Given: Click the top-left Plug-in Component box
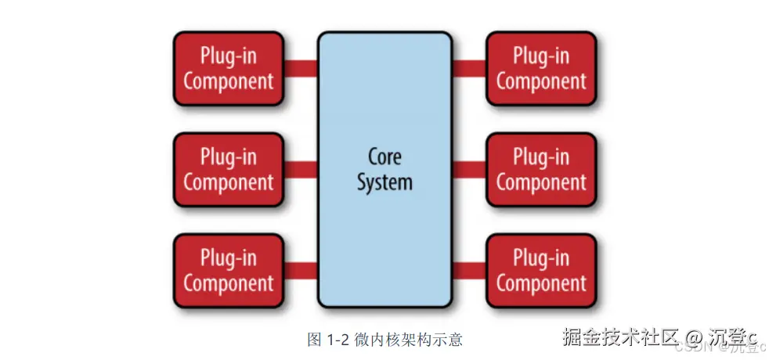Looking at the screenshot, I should pos(228,69).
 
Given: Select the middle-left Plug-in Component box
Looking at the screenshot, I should pos(228,170).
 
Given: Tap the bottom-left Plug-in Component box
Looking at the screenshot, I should pos(228,270).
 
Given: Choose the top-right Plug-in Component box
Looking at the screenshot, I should pos(541,69).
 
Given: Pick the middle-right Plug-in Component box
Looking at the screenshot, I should pos(541,170).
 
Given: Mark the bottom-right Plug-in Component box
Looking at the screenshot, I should pos(541,270).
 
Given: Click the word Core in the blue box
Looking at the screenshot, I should pos(384,157).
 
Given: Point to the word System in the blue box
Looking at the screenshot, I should pos(384,182).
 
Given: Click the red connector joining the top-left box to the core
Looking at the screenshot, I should pos(300,69).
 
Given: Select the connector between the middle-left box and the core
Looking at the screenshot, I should pos(300,170).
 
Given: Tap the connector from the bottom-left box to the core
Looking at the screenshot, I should pos(300,271).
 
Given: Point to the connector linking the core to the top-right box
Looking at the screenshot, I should pos(469,69).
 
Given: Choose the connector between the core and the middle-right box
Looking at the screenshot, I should pos(469,170).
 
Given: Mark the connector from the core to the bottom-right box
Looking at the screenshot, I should pos(469,271).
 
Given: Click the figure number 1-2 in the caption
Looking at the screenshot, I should pos(338,339).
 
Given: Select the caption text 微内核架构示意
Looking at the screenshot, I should pos(396,339).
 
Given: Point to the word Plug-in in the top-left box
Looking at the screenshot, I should pos(228,56).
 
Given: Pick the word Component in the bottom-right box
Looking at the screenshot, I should pos(541,283).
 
